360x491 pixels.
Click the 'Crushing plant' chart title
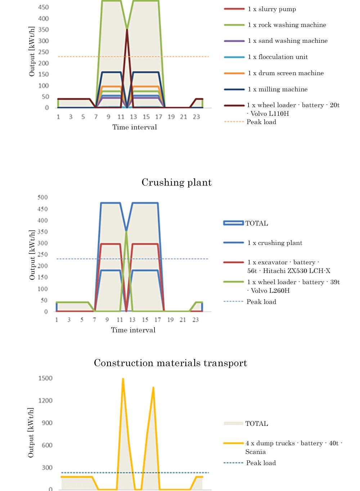click(x=176, y=182)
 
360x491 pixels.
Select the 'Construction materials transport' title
click(x=170, y=363)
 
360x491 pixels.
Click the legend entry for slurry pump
click(x=272, y=9)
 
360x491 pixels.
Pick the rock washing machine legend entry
click(x=287, y=25)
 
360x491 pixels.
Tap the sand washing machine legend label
click(x=288, y=41)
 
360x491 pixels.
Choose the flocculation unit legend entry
click(x=278, y=57)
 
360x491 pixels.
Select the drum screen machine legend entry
click(x=285, y=73)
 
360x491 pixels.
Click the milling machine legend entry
click(x=278, y=89)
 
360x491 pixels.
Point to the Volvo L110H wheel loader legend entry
click(x=293, y=109)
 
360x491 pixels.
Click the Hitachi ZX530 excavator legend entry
click(x=288, y=267)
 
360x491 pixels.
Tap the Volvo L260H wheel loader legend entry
click(x=293, y=286)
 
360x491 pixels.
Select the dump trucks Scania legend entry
click(x=294, y=447)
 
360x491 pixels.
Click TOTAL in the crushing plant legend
click(x=257, y=223)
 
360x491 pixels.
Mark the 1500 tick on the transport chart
click(x=45, y=378)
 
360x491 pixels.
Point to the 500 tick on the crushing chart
click(x=42, y=197)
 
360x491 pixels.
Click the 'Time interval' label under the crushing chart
click(x=133, y=330)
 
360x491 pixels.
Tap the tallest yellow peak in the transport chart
click(x=123, y=379)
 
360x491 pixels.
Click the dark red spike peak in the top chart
click(x=127, y=29)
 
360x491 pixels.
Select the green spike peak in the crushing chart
click(x=126, y=231)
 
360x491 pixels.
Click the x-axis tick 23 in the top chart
click(x=196, y=117)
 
